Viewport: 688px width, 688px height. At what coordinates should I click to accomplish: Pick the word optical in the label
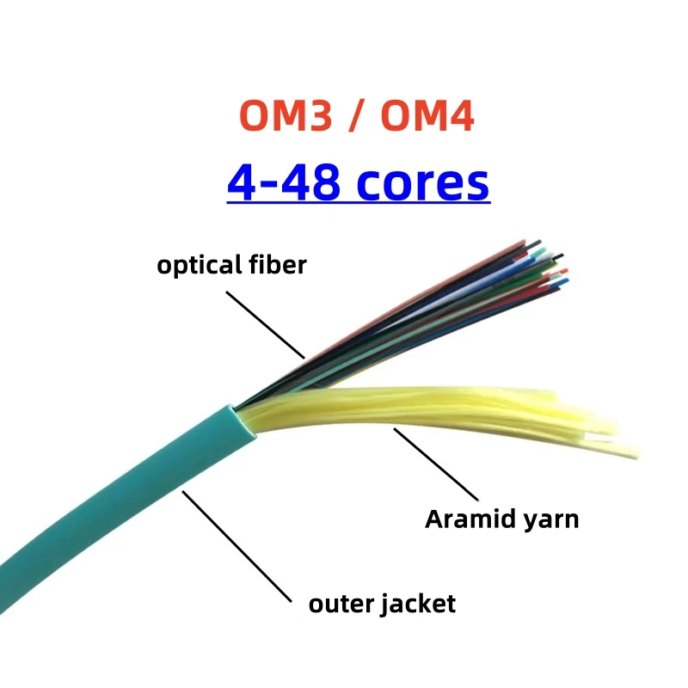click(197, 265)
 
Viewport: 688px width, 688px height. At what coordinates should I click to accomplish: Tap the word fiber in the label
click(274, 264)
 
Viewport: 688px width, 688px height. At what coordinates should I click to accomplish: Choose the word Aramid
click(469, 519)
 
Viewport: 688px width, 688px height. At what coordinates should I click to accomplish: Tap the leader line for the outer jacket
click(236, 545)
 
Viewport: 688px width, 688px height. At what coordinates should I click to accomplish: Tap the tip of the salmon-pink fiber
click(523, 243)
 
